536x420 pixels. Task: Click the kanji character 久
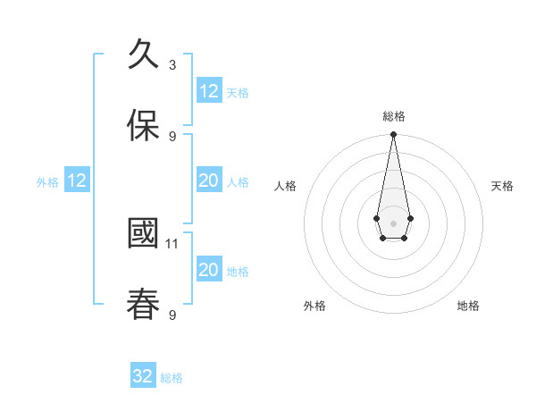143,55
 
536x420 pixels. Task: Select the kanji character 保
143,126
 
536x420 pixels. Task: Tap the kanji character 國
143,234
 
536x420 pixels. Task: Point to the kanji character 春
143,305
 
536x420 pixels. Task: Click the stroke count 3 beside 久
172,64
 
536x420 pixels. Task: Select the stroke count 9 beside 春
172,315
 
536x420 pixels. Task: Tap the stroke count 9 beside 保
172,136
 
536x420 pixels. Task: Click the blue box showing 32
143,376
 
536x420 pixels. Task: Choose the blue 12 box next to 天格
209,91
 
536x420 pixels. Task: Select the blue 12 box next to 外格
77,181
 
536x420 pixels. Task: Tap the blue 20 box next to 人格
209,181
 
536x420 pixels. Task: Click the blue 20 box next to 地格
209,270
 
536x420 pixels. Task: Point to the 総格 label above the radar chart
394,117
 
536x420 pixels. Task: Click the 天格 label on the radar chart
502,186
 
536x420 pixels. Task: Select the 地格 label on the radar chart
468,306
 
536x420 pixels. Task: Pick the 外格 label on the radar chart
314,306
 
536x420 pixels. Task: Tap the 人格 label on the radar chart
285,186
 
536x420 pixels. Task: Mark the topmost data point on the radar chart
393,134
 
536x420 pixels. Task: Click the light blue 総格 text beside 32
172,378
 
